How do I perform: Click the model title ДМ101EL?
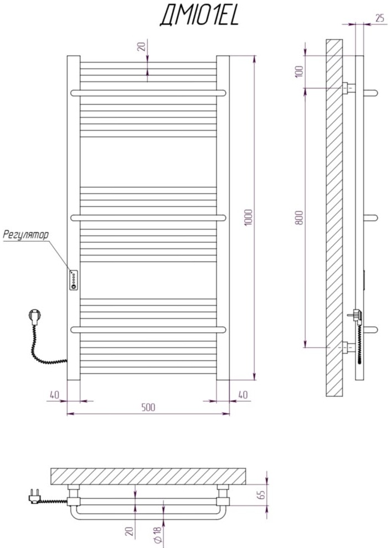(199, 17)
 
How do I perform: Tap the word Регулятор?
(25, 235)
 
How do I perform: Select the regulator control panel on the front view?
(73, 280)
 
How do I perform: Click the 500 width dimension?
(148, 407)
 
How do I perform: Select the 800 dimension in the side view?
(300, 218)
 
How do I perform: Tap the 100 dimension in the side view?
(300, 72)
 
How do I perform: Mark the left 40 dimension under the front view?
(54, 395)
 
